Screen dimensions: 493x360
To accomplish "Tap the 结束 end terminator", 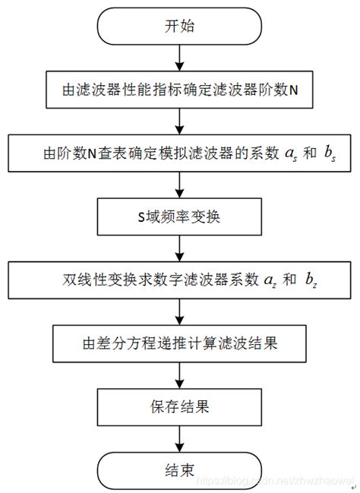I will tap(180, 466).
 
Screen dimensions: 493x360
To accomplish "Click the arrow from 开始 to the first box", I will tap(180, 58).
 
